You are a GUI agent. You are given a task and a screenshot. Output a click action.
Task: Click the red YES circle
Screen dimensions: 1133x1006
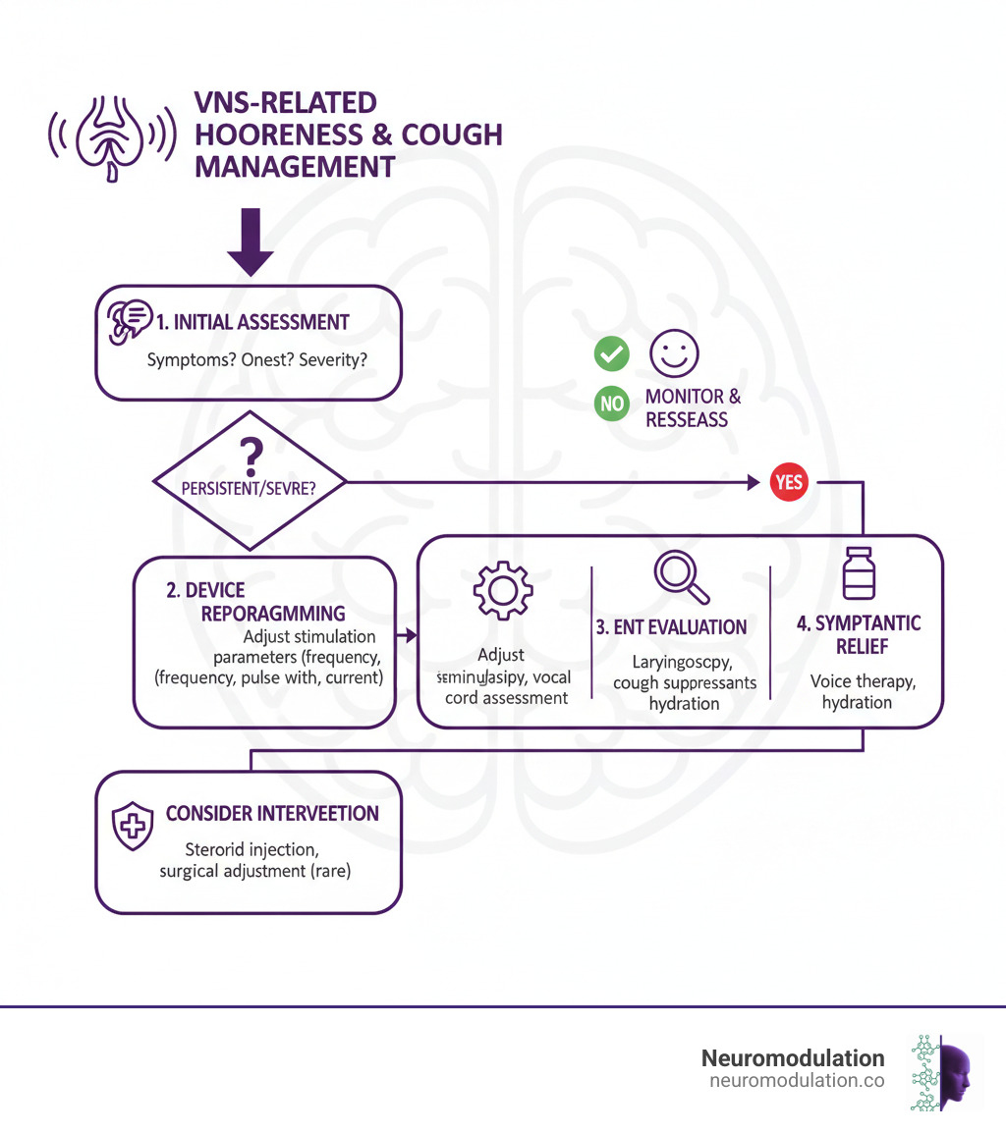click(789, 482)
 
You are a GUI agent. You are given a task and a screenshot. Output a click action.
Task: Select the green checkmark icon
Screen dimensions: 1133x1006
click(611, 354)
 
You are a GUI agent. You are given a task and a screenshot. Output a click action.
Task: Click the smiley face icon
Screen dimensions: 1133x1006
click(675, 353)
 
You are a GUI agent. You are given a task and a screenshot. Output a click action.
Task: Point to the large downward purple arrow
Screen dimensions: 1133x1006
click(251, 242)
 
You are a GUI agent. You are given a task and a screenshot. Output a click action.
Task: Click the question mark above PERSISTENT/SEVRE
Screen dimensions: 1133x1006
click(251, 453)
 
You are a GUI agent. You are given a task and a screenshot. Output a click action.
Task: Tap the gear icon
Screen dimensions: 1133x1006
click(503, 589)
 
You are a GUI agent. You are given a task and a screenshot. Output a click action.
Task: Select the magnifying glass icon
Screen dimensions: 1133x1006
click(681, 576)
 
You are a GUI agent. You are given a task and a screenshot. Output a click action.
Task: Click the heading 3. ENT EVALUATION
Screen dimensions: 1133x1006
click(672, 627)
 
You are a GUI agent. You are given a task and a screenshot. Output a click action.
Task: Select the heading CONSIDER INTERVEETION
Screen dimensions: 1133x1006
click(272, 814)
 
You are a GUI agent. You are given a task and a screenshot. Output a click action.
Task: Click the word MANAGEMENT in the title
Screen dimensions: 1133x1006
click(295, 166)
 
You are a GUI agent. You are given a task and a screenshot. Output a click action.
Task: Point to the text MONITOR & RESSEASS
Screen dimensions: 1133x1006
click(693, 408)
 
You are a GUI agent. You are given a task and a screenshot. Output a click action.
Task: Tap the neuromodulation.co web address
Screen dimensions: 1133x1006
click(796, 1081)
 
